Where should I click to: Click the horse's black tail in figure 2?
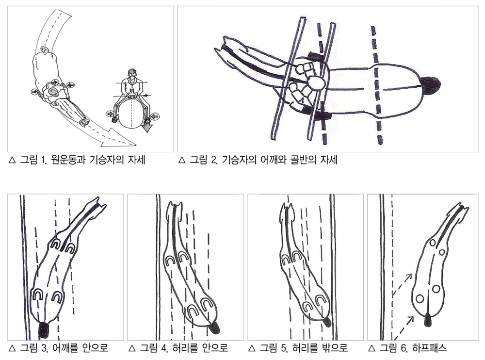pyautogui.click(x=430, y=85)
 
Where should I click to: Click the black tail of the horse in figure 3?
pyautogui.click(x=44, y=330)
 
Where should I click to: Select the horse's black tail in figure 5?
pyautogui.click(x=327, y=322)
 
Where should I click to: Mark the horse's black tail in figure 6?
pyautogui.click(x=428, y=320)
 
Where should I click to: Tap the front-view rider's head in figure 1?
pyautogui.click(x=132, y=74)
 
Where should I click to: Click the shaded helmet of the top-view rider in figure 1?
pyautogui.click(x=54, y=92)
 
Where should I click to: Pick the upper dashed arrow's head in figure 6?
pyautogui.click(x=409, y=277)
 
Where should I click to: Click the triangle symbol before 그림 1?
pyautogui.click(x=13, y=160)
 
